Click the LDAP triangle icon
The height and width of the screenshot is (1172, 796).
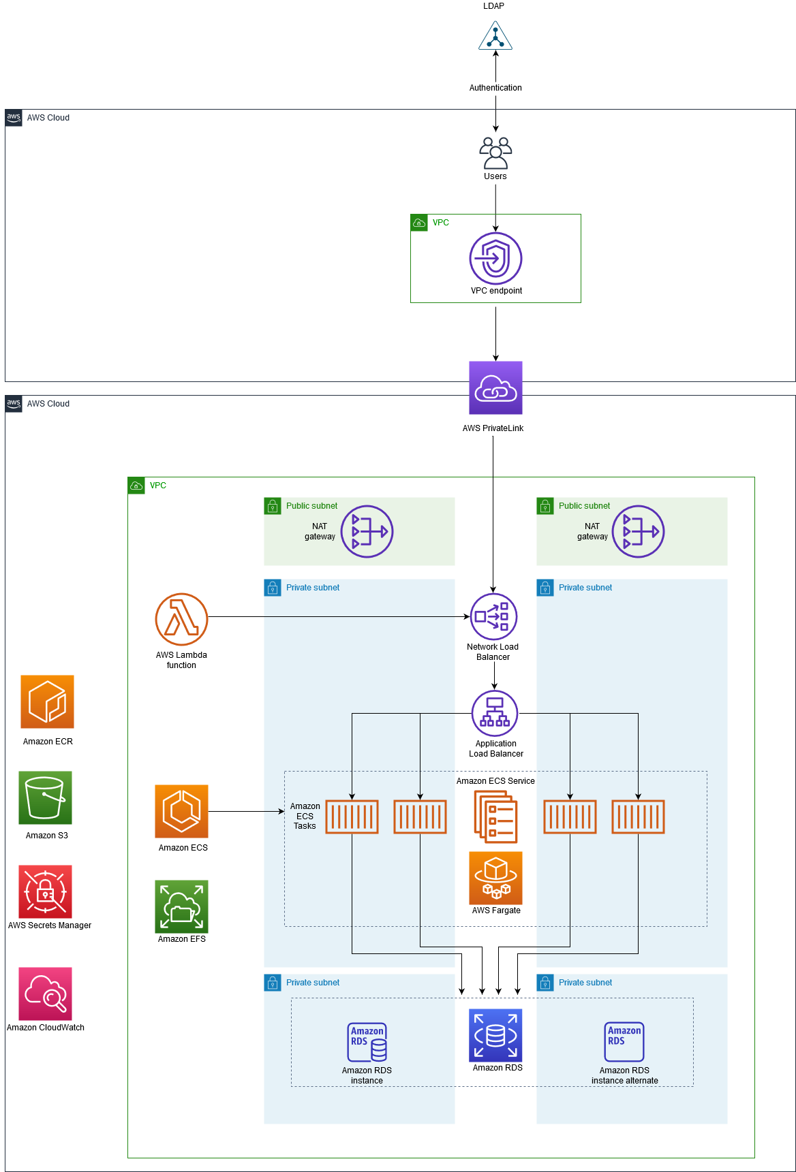click(495, 36)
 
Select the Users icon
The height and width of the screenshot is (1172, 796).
click(495, 153)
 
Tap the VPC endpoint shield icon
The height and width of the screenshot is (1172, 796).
click(495, 258)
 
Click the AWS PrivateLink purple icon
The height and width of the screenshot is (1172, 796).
click(495, 387)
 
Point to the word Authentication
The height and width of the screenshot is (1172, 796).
click(495, 88)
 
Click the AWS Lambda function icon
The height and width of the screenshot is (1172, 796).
click(181, 619)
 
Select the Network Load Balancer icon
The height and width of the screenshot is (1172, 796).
click(493, 616)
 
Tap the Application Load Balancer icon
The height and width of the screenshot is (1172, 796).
click(495, 713)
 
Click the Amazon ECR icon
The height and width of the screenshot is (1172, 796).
click(47, 701)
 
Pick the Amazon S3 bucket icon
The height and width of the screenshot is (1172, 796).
click(45, 797)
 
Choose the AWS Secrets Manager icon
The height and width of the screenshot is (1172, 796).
click(45, 891)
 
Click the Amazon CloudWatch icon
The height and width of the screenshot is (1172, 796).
click(45, 994)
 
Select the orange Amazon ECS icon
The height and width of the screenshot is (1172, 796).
click(181, 811)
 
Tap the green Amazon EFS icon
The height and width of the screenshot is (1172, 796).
click(181, 906)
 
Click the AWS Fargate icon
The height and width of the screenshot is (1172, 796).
click(495, 878)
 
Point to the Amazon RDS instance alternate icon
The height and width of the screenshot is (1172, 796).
click(624, 1041)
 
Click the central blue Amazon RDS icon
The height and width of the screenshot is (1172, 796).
click(495, 1035)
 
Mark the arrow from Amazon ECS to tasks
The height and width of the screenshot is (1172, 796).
click(245, 811)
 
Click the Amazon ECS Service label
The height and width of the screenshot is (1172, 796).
click(495, 781)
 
